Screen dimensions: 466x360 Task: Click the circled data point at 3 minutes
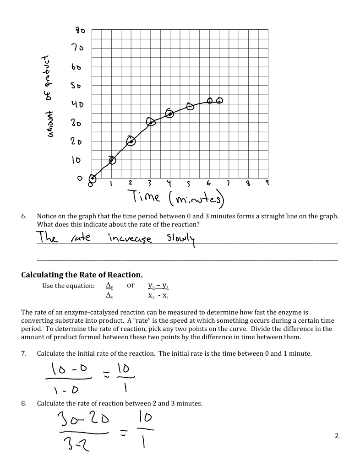pos(151,121)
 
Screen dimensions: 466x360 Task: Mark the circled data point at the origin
pos(93,179)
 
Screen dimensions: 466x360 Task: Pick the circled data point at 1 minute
pos(112,160)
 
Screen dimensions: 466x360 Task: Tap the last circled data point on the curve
pos(220,101)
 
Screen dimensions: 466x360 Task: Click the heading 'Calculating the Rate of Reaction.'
pos(82,275)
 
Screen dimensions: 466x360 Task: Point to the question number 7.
pos(24,353)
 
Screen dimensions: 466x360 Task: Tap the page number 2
pos(337,436)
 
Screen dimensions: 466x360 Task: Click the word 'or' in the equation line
pos(131,285)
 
